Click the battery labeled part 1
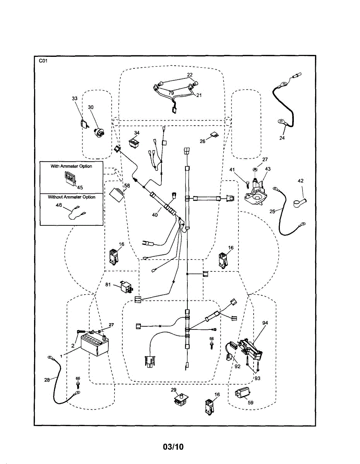[94, 345]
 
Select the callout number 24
[282, 138]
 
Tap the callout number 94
[265, 322]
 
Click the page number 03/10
[173, 447]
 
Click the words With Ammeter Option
[72, 166]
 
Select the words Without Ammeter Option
[72, 197]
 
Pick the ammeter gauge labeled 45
[70, 178]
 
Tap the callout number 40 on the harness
[155, 215]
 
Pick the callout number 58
[127, 186]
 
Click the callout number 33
[75, 99]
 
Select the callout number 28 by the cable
[47, 380]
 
